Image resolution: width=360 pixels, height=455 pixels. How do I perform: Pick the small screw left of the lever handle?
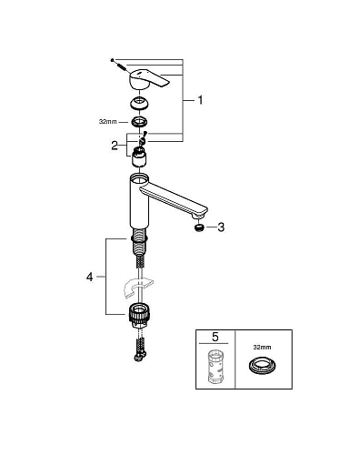(115, 62)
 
